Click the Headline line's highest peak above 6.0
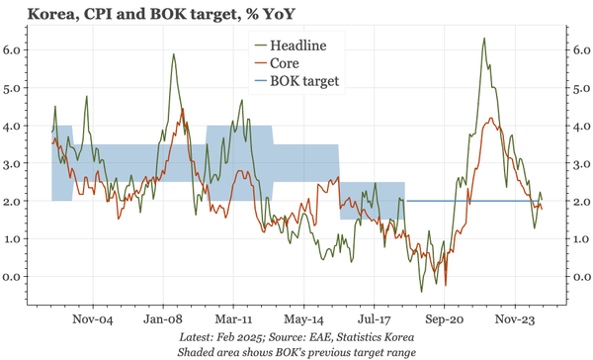click(x=483, y=39)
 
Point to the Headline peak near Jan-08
click(x=174, y=54)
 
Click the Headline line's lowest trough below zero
click(x=422, y=292)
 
